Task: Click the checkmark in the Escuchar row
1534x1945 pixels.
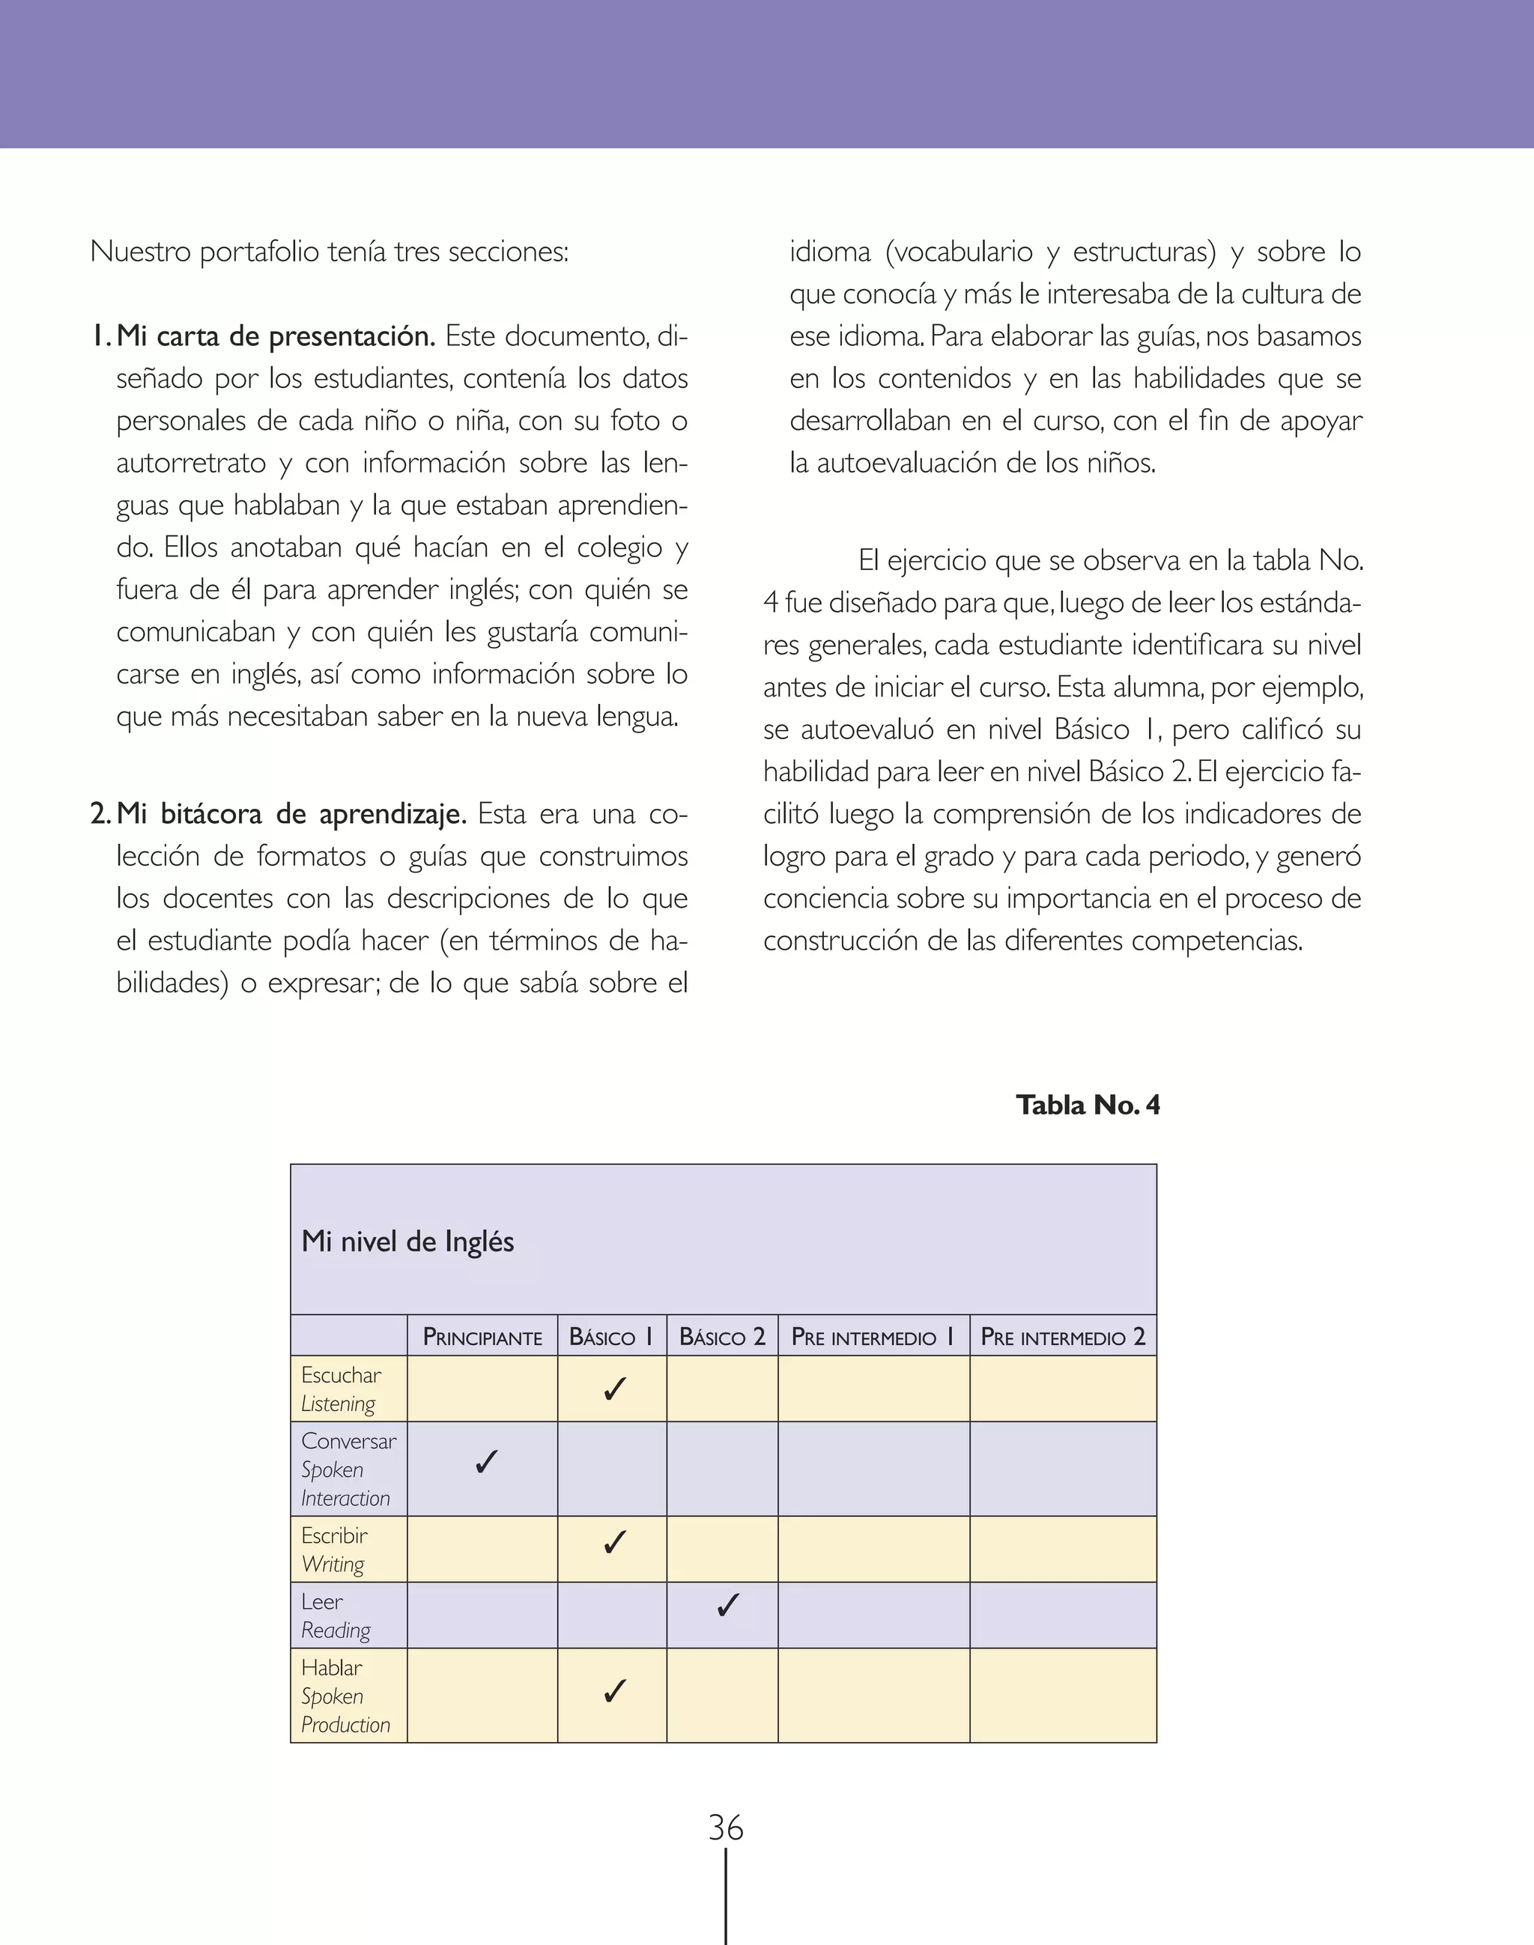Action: click(614, 1389)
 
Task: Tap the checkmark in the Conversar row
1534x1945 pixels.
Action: click(486, 1462)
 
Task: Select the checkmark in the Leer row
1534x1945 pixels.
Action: click(727, 1605)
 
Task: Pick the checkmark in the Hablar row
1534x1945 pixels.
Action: click(614, 1691)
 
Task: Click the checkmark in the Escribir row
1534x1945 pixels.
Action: click(614, 1543)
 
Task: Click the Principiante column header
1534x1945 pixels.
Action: click(482, 1337)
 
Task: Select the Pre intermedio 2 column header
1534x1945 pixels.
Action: click(1062, 1337)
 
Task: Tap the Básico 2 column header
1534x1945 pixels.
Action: click(722, 1337)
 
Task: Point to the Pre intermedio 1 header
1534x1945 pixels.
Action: click(873, 1337)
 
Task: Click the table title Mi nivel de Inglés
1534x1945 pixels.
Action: click(407, 1242)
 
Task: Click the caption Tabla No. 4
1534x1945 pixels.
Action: click(1088, 1105)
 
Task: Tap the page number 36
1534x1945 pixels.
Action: click(726, 1828)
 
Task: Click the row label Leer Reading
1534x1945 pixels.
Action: click(335, 1615)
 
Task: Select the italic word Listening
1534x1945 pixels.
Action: click(338, 1404)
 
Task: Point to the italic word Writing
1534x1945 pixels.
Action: click(333, 1565)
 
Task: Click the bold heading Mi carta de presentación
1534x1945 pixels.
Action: click(276, 336)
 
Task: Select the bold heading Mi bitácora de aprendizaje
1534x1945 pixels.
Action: click(291, 813)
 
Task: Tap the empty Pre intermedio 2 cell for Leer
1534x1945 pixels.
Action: click(1062, 1615)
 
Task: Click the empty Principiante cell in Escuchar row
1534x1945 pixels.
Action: click(482, 1389)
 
